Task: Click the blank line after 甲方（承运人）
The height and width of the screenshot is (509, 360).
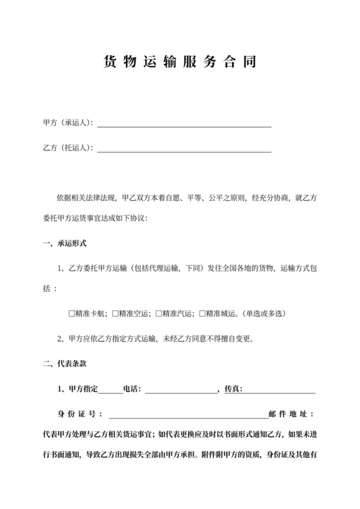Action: click(183, 123)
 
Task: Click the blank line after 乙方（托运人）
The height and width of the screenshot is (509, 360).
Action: click(183, 149)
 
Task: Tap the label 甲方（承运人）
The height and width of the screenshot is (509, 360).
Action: click(67, 122)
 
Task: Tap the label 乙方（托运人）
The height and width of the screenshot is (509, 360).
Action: click(67, 148)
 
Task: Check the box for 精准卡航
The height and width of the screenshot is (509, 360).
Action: click(71, 315)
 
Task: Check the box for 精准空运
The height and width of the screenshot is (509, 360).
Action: click(115, 315)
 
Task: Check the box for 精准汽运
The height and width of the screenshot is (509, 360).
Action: click(159, 315)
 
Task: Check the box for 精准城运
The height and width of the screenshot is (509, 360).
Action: click(203, 315)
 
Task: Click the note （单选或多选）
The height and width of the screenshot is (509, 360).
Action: click(264, 315)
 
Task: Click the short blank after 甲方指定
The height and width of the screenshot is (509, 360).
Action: click(109, 390)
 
